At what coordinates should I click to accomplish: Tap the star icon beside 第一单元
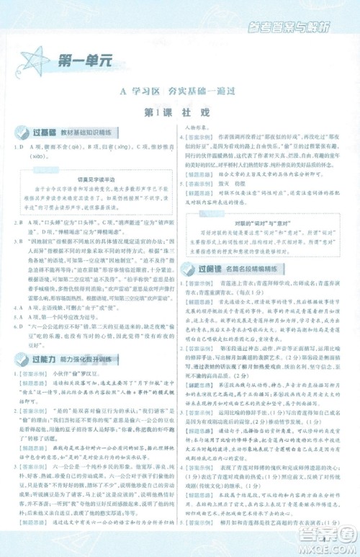click(36, 62)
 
